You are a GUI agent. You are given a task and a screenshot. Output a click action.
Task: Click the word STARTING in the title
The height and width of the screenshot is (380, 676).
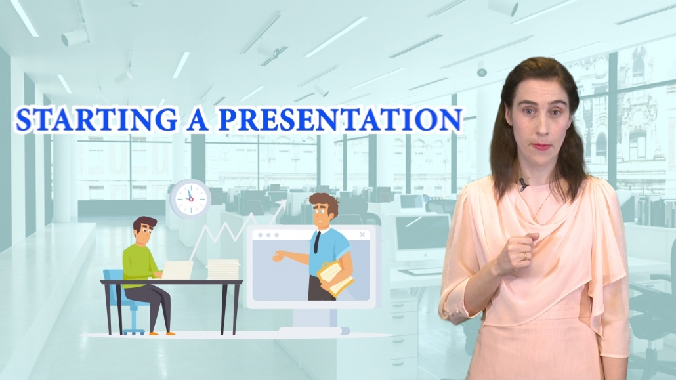coord(96,119)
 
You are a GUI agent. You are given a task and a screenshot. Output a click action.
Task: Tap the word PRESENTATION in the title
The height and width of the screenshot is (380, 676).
coord(340,119)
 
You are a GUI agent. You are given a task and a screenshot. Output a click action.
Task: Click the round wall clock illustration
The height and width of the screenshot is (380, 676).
coord(190,199)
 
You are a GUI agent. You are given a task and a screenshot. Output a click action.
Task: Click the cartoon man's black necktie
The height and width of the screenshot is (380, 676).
coord(317,242)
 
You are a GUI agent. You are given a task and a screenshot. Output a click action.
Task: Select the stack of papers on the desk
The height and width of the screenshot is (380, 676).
coord(223,269)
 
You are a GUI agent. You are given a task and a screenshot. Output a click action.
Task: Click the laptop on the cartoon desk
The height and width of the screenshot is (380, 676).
coord(177,270)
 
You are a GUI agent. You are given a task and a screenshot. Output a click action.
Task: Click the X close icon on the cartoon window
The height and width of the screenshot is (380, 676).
coord(362,235)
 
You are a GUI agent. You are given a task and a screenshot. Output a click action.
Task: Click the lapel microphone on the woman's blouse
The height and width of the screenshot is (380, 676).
coord(523,184)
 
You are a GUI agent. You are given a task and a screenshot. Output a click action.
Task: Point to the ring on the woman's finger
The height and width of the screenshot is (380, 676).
coord(525,256)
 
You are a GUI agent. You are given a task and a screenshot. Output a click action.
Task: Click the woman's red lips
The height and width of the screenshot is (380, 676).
coord(541,146)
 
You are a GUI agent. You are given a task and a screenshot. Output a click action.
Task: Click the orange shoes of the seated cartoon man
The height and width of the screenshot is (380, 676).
coord(162,333)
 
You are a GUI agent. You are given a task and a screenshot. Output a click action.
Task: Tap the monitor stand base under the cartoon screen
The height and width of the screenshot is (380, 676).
coord(314,331)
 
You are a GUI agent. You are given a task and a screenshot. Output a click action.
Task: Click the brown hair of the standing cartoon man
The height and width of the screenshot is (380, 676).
coord(325,202)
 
